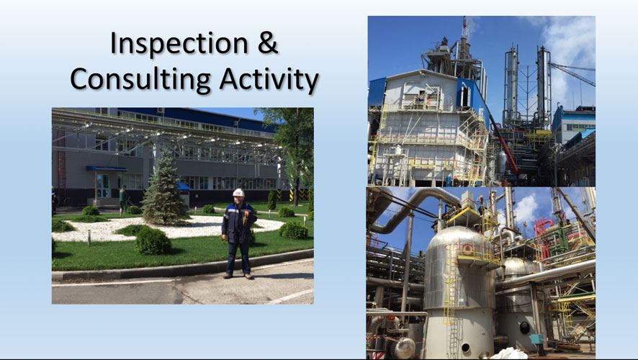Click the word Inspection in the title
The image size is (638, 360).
point(179,44)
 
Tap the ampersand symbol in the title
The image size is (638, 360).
point(268,42)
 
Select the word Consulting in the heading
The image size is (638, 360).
point(140,80)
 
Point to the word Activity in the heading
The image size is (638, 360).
point(269,80)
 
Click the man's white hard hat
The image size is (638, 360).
point(238,192)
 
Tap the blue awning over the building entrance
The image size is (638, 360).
point(106,168)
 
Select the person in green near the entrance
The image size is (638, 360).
point(123,199)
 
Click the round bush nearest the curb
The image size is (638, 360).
point(153,241)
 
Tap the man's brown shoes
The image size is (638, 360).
point(238,276)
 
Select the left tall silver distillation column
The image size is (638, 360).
point(511,86)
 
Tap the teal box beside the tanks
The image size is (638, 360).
point(536,339)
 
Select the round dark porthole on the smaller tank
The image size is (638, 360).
point(525,327)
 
